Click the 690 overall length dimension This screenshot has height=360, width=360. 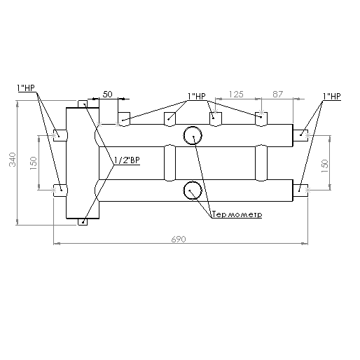(179, 239)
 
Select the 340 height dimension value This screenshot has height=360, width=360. (13, 160)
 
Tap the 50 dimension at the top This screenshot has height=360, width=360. (107, 95)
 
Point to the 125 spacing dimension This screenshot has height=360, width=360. (236, 95)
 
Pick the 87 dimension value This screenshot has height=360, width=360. (277, 95)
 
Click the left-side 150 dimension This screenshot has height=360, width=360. (34, 163)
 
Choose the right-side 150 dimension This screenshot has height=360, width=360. (325, 166)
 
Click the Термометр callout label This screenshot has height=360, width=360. (237, 214)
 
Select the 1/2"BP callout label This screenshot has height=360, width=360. (127, 160)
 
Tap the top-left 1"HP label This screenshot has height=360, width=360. (26, 88)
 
